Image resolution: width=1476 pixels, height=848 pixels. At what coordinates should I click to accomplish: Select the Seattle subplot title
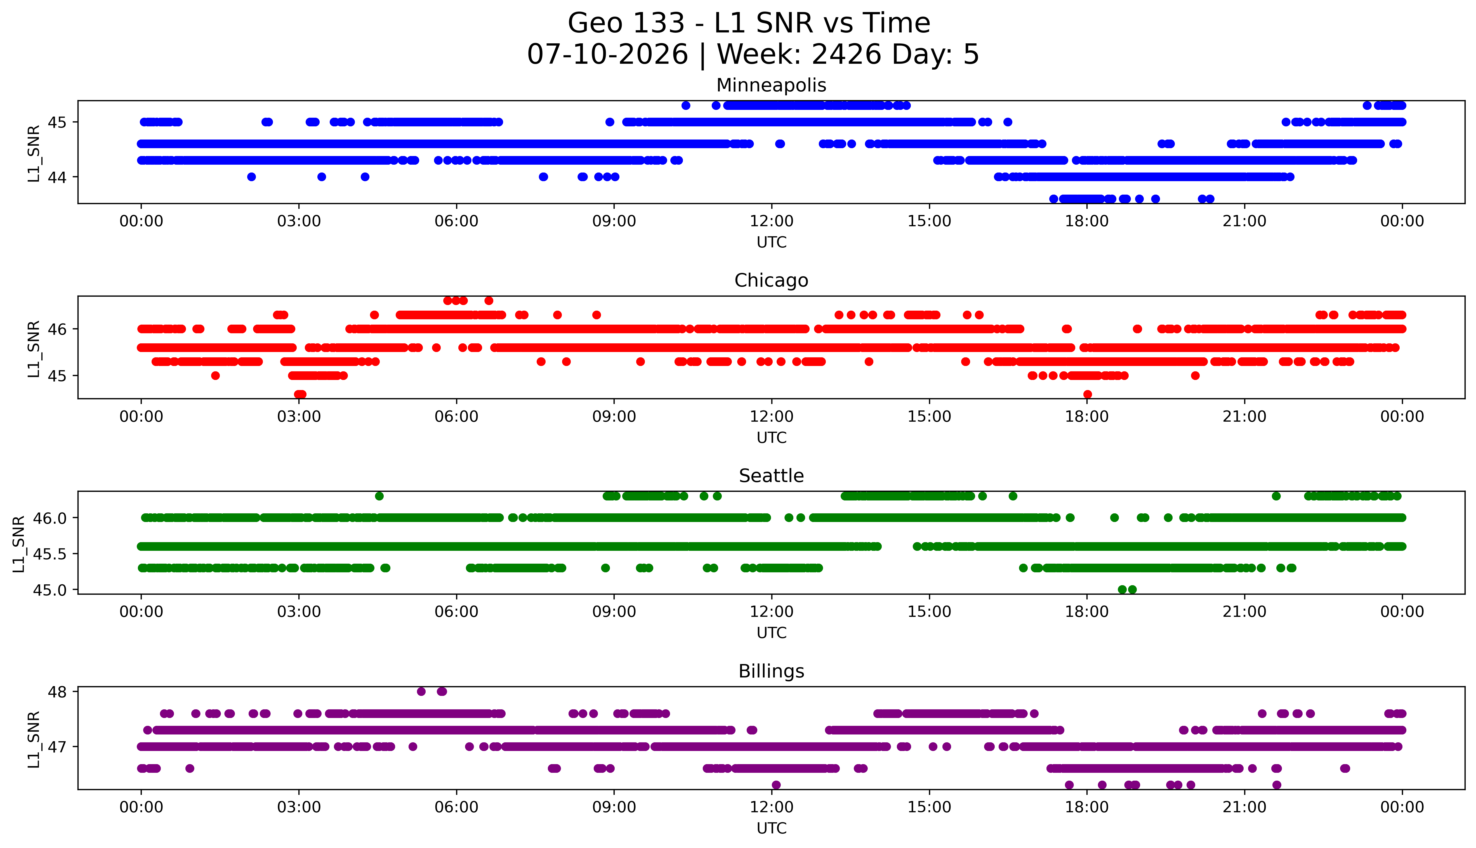(771, 476)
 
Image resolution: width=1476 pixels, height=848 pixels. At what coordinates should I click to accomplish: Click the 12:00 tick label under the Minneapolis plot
(772, 221)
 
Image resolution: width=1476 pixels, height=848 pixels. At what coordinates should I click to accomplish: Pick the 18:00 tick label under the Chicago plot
(1087, 416)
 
